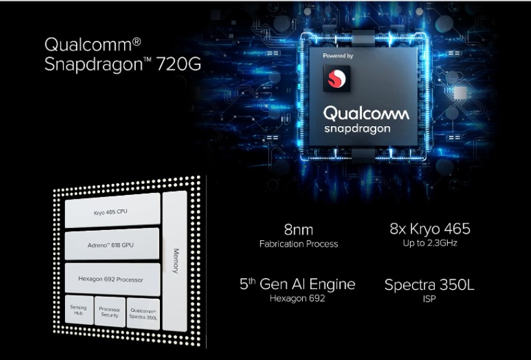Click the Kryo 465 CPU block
click(x=112, y=212)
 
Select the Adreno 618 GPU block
click(x=112, y=245)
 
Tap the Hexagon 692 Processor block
click(x=112, y=279)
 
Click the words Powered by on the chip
click(x=338, y=56)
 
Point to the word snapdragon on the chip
click(x=357, y=129)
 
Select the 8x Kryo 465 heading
click(x=430, y=229)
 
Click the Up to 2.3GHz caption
click(x=430, y=244)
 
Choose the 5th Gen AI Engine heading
click(x=297, y=285)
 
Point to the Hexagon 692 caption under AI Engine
click(x=297, y=299)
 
